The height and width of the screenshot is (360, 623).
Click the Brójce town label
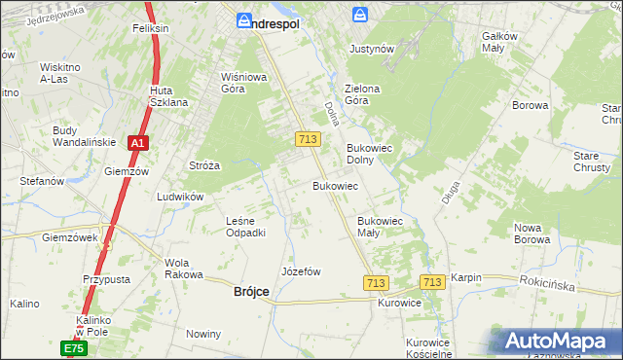251,292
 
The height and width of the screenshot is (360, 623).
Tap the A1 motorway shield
138,143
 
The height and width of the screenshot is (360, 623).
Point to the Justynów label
371,48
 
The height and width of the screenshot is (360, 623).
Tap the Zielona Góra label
361,94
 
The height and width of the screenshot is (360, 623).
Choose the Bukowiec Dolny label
368,154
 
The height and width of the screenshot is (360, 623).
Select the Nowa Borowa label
532,233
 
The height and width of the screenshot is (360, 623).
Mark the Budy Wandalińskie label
85,136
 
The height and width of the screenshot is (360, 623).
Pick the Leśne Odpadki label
245,227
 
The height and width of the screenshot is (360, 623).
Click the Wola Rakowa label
177,269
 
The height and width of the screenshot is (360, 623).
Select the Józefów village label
301,271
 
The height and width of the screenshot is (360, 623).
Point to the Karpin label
466,277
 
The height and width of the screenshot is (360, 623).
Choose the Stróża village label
204,165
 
